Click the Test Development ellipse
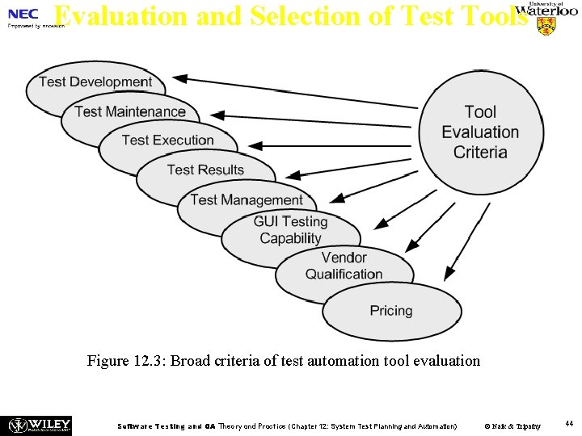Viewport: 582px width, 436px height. click(x=95, y=82)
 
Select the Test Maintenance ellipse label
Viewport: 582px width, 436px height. click(x=130, y=111)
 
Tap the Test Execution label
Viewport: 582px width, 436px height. click(x=168, y=140)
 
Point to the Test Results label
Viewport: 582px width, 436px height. click(x=205, y=170)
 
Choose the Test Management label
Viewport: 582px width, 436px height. click(x=247, y=199)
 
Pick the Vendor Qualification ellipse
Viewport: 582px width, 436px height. click(x=344, y=266)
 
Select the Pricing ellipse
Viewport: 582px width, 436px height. click(x=391, y=311)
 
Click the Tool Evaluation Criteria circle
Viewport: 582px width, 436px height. click(x=480, y=132)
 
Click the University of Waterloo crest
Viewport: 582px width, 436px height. click(x=546, y=26)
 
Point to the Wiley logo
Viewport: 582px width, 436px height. click(x=39, y=425)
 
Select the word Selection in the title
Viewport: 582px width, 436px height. click(x=296, y=16)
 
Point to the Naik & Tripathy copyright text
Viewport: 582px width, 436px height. click(x=512, y=426)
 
